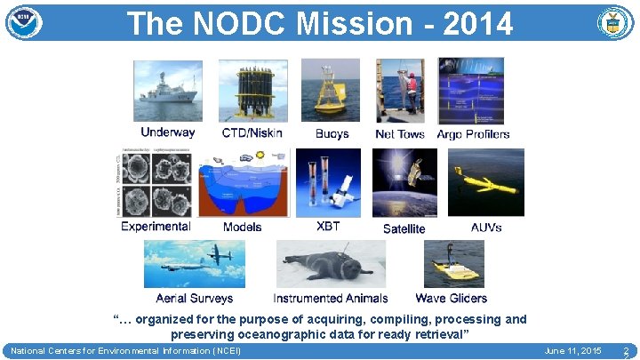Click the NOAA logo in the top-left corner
click(x=24, y=22)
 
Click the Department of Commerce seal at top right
click(x=615, y=23)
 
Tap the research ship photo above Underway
click(x=168, y=91)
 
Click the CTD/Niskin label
click(x=252, y=133)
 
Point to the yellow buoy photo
click(x=331, y=91)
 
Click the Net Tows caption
click(x=400, y=134)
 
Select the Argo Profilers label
click(x=473, y=134)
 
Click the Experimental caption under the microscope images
click(x=156, y=227)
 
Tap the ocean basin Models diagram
click(x=243, y=183)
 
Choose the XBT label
click(x=328, y=227)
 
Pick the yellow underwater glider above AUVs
click(x=485, y=183)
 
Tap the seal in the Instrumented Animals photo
click(x=330, y=265)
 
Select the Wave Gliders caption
click(x=451, y=299)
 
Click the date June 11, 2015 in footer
click(x=572, y=352)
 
